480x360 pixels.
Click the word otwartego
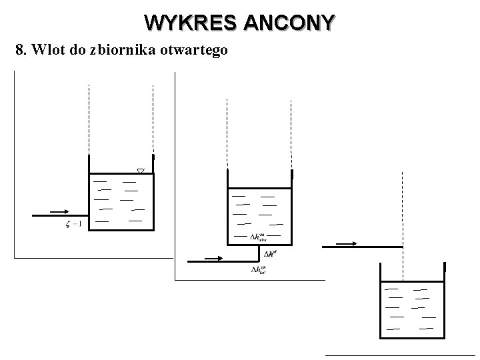coord(195,51)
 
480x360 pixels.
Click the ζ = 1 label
coord(73,224)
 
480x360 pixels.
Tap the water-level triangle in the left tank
coord(140,171)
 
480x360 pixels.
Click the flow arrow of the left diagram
coord(59,211)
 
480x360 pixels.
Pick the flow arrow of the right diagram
coord(346,243)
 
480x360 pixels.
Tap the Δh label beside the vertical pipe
coord(271,253)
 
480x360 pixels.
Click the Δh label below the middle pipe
coord(259,269)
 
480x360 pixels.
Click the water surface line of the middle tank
coord(260,187)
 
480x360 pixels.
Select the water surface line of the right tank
coord(411,282)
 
